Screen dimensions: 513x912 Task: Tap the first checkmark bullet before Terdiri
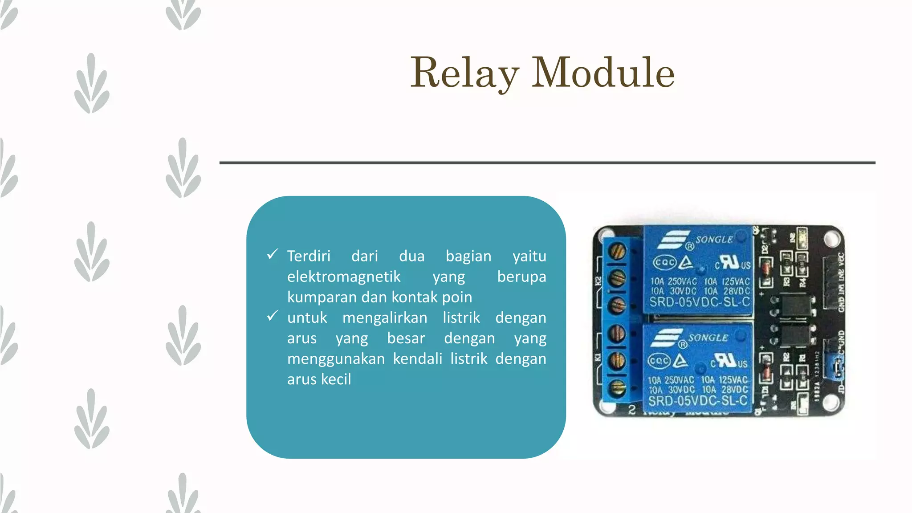click(273, 254)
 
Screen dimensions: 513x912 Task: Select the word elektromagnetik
click(344, 277)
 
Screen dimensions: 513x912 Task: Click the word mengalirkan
click(385, 318)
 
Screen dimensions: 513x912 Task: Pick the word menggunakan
click(336, 358)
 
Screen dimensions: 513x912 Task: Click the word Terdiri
click(309, 256)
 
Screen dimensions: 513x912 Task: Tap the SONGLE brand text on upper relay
click(714, 240)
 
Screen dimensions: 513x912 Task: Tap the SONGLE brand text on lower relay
click(708, 338)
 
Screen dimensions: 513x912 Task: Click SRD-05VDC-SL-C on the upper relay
click(700, 302)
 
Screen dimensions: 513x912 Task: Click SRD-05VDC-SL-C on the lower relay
click(698, 401)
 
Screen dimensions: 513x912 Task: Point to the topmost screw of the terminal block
click(617, 252)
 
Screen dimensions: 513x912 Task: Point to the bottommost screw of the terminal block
click(617, 388)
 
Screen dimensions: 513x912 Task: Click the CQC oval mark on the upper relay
click(664, 263)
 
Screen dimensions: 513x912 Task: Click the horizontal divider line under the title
click(547, 163)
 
